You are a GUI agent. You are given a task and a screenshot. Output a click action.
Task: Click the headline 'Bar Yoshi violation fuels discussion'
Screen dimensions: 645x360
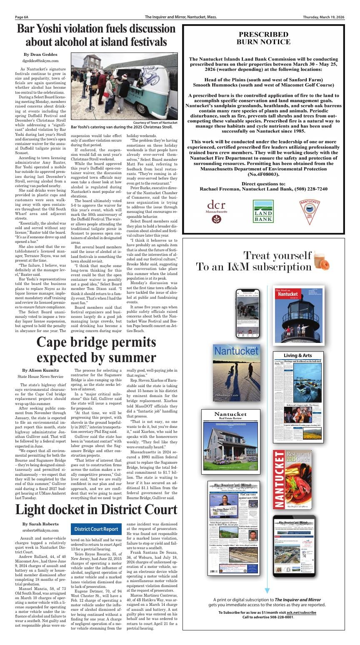[96, 29]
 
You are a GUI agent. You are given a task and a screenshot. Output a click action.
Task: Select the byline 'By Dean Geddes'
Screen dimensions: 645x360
[40, 54]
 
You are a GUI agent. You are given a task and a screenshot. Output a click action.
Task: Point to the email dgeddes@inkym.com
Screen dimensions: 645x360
[40, 61]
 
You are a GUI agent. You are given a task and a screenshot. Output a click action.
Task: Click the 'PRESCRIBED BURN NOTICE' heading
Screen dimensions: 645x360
[263, 38]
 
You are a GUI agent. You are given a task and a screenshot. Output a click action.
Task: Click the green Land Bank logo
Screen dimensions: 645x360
[263, 211]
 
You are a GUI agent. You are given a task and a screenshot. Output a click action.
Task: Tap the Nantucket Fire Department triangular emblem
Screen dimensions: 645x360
[310, 209]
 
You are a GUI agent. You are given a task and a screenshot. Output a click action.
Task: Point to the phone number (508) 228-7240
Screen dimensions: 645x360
[310, 189]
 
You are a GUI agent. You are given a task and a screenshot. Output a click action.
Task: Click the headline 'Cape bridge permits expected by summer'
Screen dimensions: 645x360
[96, 350]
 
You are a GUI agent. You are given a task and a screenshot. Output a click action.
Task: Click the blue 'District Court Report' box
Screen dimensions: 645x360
[96, 529]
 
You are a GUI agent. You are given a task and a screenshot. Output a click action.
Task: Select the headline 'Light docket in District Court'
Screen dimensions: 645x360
[96, 510]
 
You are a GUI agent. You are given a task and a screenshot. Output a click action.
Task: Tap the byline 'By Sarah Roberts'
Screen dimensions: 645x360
[40, 524]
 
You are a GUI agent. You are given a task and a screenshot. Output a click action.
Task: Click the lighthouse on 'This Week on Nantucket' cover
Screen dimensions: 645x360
[298, 317]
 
